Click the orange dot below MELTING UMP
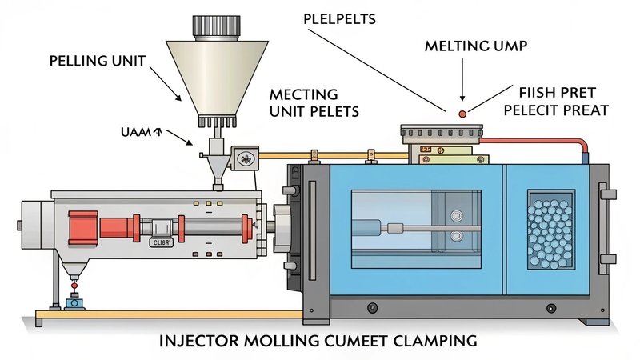coord(461,115)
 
